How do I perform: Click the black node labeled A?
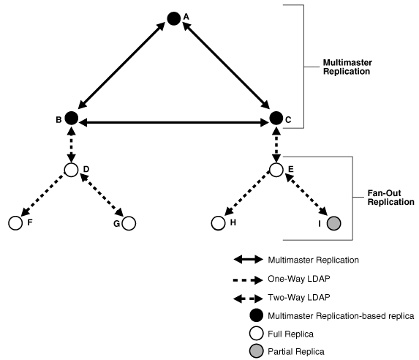coord(173,18)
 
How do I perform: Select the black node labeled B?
coord(71,117)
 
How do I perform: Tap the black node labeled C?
coord(276,117)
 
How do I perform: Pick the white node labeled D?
coord(71,170)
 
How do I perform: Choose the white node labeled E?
coord(276,170)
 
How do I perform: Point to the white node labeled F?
coord(15,222)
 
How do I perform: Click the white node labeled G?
coord(129,222)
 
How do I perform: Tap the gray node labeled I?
coord(333,222)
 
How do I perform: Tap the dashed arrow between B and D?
coord(71,144)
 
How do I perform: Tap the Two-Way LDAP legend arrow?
coord(247,297)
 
